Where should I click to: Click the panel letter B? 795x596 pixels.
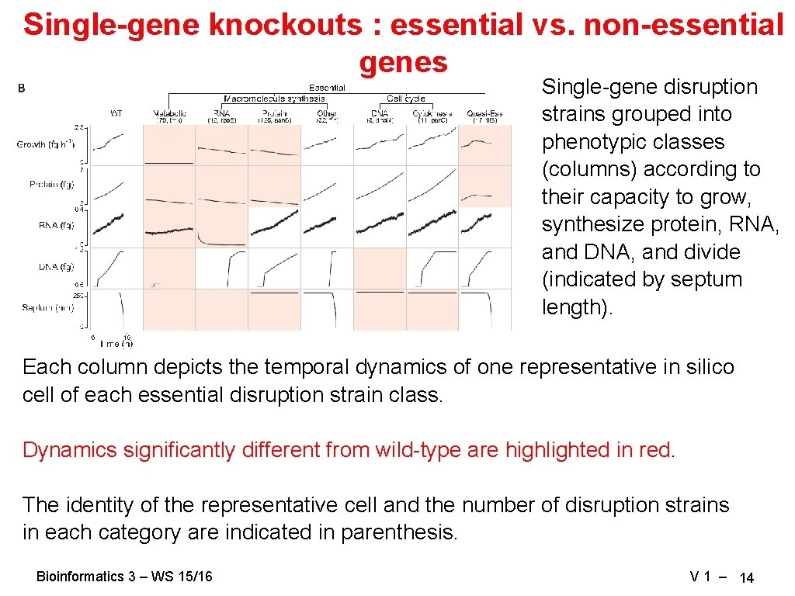point(22,88)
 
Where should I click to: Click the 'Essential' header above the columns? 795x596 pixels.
point(327,88)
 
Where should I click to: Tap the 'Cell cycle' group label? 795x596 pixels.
point(405,99)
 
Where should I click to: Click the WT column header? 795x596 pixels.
point(116,113)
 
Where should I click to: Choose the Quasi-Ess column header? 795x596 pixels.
point(484,113)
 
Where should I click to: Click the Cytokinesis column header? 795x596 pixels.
point(432,113)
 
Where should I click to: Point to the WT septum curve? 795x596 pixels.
point(123,310)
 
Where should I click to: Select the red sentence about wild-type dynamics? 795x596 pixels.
point(349,450)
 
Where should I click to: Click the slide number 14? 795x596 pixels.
point(746,577)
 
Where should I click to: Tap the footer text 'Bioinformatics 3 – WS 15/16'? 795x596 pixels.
point(124,577)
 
